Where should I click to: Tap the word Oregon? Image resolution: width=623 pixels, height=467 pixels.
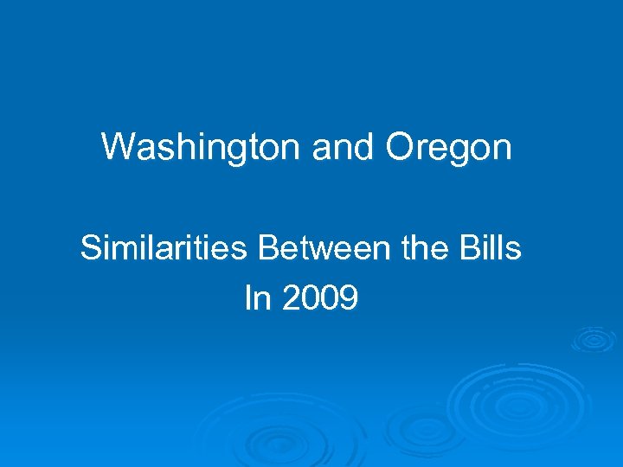(448, 149)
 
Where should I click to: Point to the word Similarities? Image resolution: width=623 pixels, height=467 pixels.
(164, 249)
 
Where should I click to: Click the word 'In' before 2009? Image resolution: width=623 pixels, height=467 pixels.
(258, 298)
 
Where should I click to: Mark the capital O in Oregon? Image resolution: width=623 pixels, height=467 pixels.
(400, 147)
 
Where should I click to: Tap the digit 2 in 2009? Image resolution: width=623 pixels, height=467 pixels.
(290, 298)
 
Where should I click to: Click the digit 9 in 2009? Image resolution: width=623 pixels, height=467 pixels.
(349, 298)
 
